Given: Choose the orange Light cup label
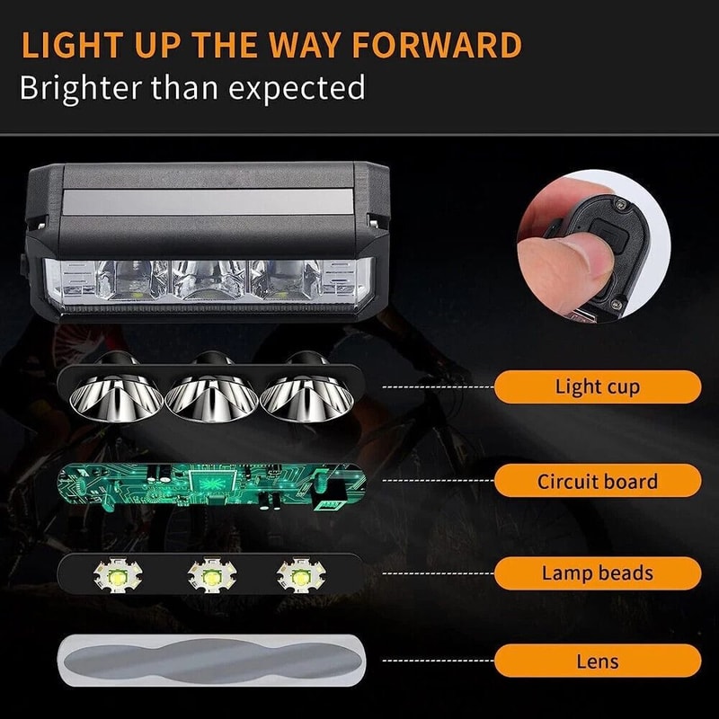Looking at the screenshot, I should pyautogui.click(x=598, y=387).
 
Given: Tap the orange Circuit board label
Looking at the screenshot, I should pyautogui.click(x=598, y=481).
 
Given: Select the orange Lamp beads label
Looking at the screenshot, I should pyautogui.click(x=598, y=573).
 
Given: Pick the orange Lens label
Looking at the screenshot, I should pyautogui.click(x=598, y=661).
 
